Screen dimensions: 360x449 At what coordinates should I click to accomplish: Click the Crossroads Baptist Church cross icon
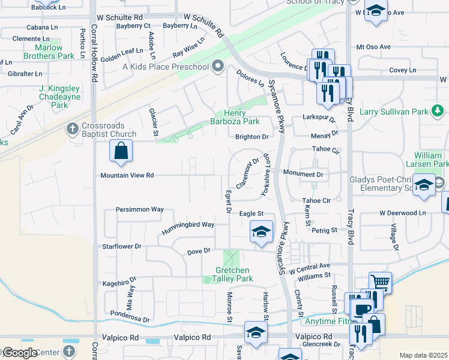point(73,128)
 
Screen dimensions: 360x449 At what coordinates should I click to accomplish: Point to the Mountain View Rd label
point(127,175)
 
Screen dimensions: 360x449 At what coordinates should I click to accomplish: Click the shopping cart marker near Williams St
point(380,281)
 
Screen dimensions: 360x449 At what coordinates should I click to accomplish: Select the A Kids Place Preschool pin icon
point(217,66)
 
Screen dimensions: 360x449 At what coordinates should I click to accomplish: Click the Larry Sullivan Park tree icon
point(439,111)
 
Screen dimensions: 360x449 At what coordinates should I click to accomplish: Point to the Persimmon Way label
point(140,209)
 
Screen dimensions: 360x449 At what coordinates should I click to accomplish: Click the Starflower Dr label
point(122,246)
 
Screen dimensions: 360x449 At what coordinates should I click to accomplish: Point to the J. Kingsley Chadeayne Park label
point(59,97)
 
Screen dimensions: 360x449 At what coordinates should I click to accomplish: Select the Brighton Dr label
point(252,137)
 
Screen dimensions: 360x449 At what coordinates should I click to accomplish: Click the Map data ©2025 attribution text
point(423,355)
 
